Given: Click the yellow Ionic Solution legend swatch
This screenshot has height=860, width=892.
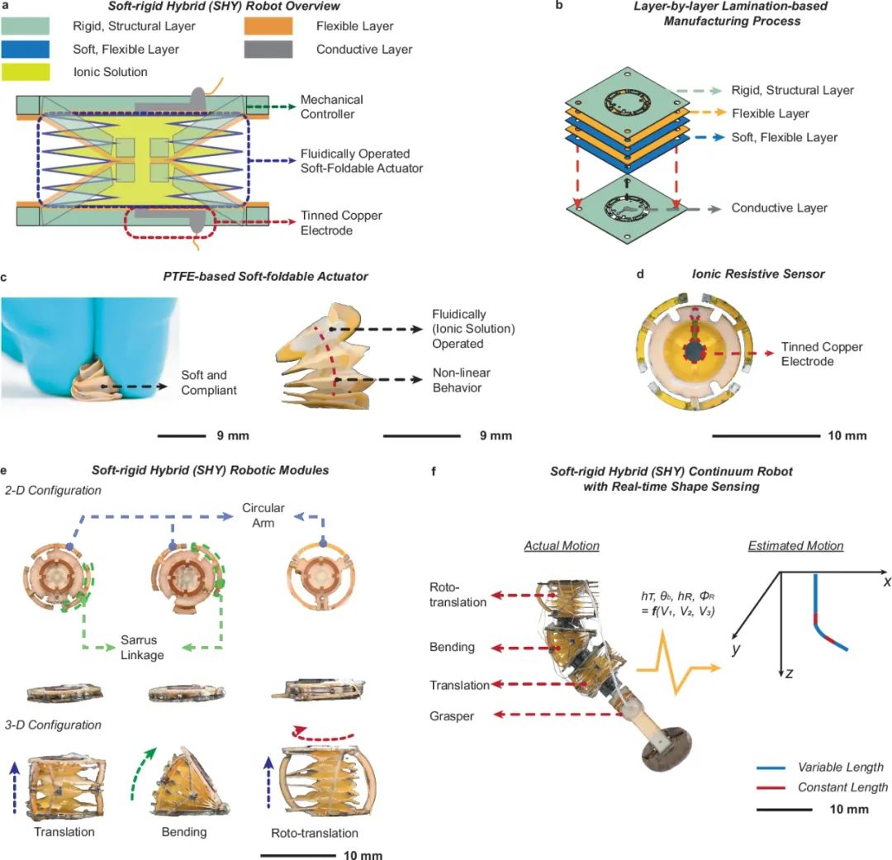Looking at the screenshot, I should (x=39, y=72).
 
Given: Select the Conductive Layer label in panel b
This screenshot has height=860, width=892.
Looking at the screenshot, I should (x=779, y=208).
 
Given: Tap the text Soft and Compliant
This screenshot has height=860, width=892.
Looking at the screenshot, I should (x=209, y=384).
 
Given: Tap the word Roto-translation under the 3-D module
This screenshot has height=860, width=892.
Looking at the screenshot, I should (x=315, y=833).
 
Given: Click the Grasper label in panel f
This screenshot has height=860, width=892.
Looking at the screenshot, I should (x=452, y=716).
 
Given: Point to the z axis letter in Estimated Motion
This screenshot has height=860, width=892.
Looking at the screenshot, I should (x=790, y=673).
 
